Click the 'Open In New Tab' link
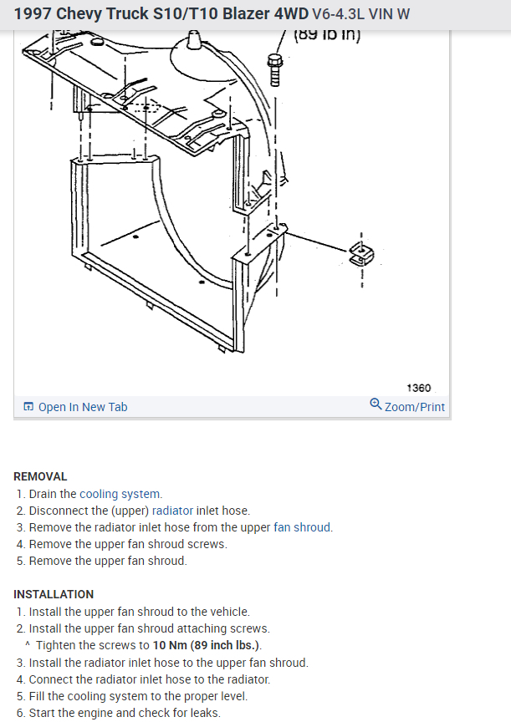pyautogui.click(x=82, y=407)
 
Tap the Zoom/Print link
pyautogui.click(x=414, y=407)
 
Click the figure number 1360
pyautogui.click(x=418, y=388)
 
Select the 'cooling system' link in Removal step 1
pyautogui.click(x=120, y=494)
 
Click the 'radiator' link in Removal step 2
pyautogui.click(x=172, y=511)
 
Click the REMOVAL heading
pyautogui.click(x=40, y=476)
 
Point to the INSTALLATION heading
pyautogui.click(x=54, y=594)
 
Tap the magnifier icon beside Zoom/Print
pyautogui.click(x=376, y=405)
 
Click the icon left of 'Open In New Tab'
pyautogui.click(x=28, y=407)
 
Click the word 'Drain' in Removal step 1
pyautogui.click(x=44, y=494)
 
